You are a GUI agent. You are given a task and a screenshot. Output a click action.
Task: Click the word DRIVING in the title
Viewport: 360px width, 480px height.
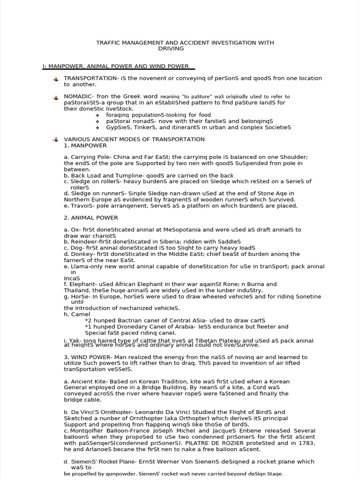tap(171, 48)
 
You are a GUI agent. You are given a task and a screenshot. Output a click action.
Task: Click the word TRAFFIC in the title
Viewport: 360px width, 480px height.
tap(108, 43)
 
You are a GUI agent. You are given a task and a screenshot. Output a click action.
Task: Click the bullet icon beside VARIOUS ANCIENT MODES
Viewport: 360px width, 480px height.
tap(55, 139)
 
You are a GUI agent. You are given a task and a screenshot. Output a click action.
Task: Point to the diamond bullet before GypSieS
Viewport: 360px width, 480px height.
tap(97, 127)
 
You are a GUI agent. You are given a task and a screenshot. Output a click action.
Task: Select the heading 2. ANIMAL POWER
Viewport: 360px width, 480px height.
tap(91, 217)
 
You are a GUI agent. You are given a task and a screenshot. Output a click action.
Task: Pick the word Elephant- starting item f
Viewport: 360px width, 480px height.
tap(82, 284)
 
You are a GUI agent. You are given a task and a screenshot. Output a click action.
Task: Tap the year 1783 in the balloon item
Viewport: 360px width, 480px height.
tap(306, 443)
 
